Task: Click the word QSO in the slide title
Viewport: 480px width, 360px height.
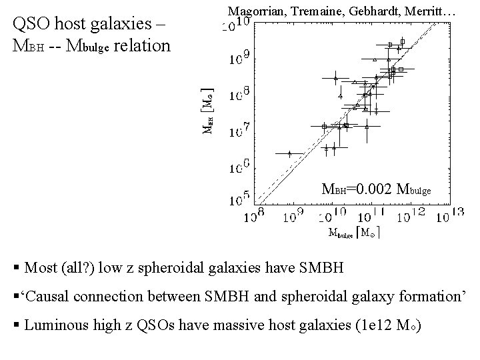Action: tap(35, 25)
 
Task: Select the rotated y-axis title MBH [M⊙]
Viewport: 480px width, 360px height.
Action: tap(209, 110)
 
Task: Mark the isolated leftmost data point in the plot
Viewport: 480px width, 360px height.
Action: tap(289, 153)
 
